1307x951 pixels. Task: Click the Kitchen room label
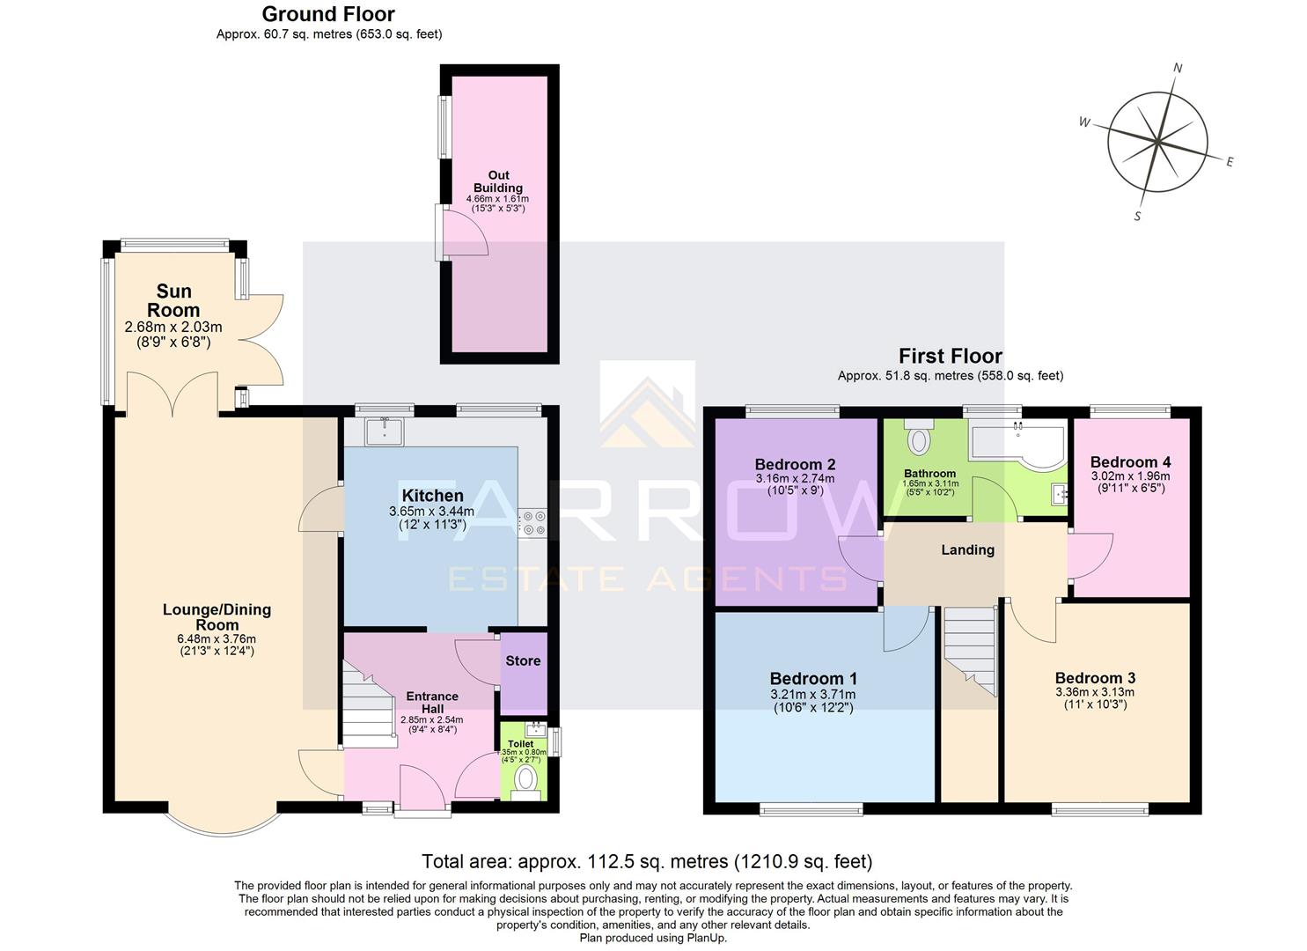(431, 496)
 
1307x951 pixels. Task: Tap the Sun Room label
(173, 300)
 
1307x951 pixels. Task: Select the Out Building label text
(498, 181)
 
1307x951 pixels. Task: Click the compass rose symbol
(1157, 141)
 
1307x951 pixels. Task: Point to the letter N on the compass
(1178, 69)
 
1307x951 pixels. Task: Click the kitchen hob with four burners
(532, 523)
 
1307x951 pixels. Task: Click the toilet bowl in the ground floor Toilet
(525, 779)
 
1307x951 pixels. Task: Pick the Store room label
(523, 660)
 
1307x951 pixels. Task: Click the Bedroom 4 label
(1130, 461)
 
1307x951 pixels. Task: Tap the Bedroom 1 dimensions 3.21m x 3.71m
(813, 694)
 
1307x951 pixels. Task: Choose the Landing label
(967, 549)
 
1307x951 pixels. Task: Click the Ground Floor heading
(328, 14)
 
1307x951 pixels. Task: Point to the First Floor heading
(950, 356)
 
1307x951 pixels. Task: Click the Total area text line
(647, 861)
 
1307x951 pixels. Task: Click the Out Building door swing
(465, 233)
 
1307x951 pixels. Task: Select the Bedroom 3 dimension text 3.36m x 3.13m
(1095, 691)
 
